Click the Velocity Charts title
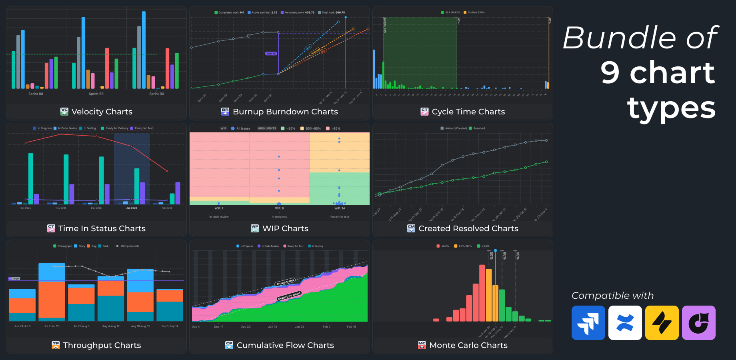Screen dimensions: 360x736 pyautogui.click(x=102, y=112)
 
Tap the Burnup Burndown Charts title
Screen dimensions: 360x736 pyautogui.click(x=285, y=112)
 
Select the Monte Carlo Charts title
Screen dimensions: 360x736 pyautogui.click(x=468, y=345)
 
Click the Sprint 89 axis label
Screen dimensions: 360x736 pyautogui.click(x=96, y=94)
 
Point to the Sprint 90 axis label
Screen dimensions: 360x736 pyautogui.click(x=156, y=94)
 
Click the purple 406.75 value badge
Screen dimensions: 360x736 pyautogui.click(x=271, y=54)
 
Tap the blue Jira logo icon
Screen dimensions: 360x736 pyautogui.click(x=588, y=323)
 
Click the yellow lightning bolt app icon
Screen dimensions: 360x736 pyautogui.click(x=662, y=323)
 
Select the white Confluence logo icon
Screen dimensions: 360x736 pyautogui.click(x=625, y=323)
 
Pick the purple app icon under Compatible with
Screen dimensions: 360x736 pyautogui.click(x=698, y=323)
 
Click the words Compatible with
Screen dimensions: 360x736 pyautogui.click(x=612, y=296)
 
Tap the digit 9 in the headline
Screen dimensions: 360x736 pyautogui.click(x=610, y=73)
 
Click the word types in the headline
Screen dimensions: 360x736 pyautogui.click(x=672, y=108)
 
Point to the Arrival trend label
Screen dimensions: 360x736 pyautogui.click(x=285, y=282)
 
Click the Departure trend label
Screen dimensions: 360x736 pyautogui.click(x=289, y=296)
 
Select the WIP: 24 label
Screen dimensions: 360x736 pyautogui.click(x=340, y=208)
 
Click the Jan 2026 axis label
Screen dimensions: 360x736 pyautogui.click(x=132, y=208)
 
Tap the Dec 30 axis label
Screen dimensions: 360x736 pyautogui.click(x=246, y=327)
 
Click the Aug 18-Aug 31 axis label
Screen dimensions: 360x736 pyautogui.click(x=140, y=326)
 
